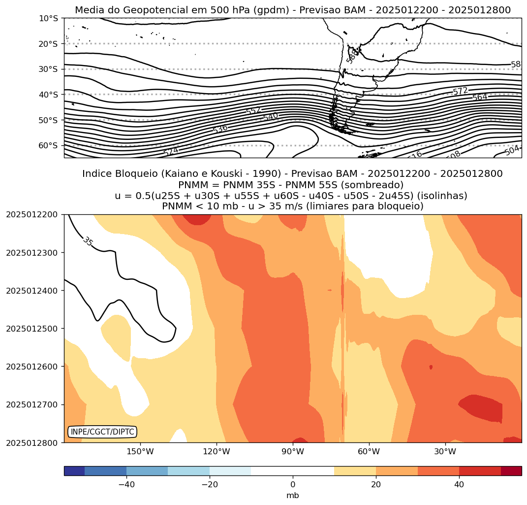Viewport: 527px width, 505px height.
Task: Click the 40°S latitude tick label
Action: (48, 95)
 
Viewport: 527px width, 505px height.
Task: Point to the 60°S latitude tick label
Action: (48, 145)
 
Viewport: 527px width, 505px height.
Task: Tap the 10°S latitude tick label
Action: (48, 18)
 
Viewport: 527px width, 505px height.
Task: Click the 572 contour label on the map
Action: (460, 91)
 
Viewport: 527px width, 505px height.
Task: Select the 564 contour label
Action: (480, 97)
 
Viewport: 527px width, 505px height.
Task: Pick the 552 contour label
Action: (253, 111)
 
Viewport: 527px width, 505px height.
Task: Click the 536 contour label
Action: (220, 129)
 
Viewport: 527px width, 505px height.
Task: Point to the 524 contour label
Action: (171, 152)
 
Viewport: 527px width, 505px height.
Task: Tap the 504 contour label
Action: (512, 151)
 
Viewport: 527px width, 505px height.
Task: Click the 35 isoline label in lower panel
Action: (88, 241)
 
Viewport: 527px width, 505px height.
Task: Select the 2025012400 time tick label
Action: (32, 291)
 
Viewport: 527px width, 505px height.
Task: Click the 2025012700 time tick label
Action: (32, 404)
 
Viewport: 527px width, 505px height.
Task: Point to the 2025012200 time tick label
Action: (32, 215)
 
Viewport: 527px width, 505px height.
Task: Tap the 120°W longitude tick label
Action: (217, 451)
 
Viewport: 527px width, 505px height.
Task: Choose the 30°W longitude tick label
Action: (445, 451)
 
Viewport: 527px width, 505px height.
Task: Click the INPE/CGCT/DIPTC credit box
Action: (102, 432)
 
